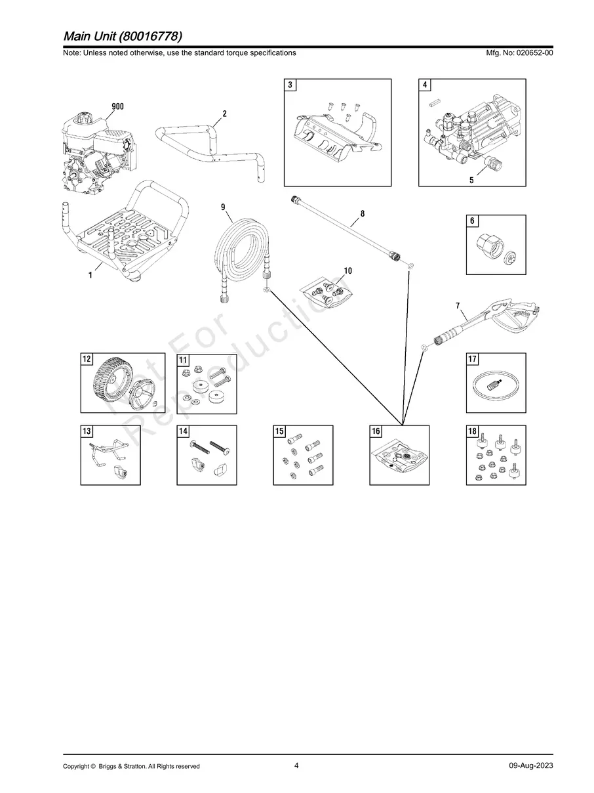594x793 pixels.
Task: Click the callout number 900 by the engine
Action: (x=117, y=106)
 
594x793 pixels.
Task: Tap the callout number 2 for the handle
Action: (x=225, y=114)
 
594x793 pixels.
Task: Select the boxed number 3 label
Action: (x=290, y=85)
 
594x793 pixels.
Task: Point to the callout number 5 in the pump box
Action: (x=471, y=181)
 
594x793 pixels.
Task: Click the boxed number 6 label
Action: (x=472, y=221)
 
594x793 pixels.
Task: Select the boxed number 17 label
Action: (x=472, y=359)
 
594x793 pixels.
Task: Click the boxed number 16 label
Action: (x=376, y=431)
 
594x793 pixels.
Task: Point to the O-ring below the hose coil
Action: (x=267, y=289)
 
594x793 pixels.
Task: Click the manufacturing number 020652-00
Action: (x=535, y=53)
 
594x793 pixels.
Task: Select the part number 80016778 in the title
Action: (x=150, y=36)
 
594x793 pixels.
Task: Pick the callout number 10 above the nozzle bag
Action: (x=347, y=270)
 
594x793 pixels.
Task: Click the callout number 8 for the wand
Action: (x=363, y=213)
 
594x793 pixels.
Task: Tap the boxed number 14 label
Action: (x=183, y=431)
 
